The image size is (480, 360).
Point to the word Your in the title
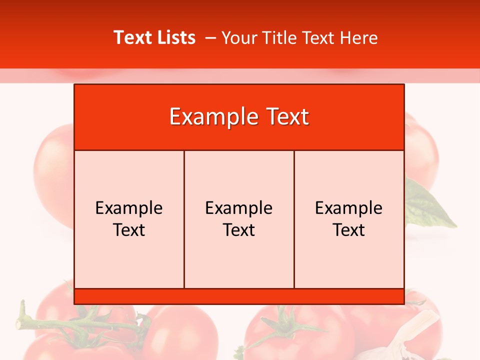[238, 38]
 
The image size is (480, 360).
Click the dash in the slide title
[210, 38]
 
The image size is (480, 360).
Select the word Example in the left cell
[129, 208]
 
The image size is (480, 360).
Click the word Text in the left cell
[129, 230]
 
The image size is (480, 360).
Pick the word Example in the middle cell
[239, 208]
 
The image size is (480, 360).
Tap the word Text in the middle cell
[239, 230]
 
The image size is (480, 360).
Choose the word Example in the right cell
[349, 208]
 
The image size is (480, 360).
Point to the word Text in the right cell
[349, 230]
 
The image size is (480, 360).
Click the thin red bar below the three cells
[239, 296]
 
